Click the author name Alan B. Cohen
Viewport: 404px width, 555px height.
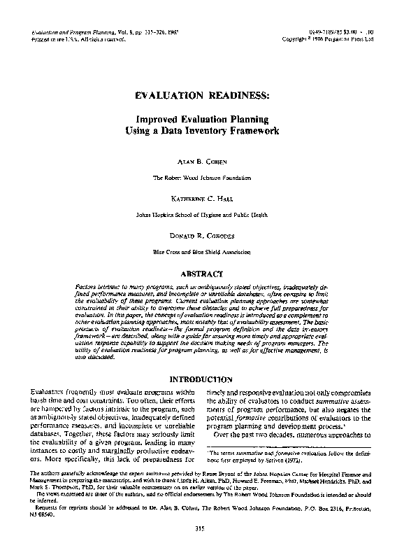coord(202,161)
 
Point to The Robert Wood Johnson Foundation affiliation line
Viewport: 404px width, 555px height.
coord(202,178)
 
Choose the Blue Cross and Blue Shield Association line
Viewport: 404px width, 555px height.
coord(202,251)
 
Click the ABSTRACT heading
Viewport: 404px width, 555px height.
coord(202,274)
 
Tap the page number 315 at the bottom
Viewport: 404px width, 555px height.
coord(202,528)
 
